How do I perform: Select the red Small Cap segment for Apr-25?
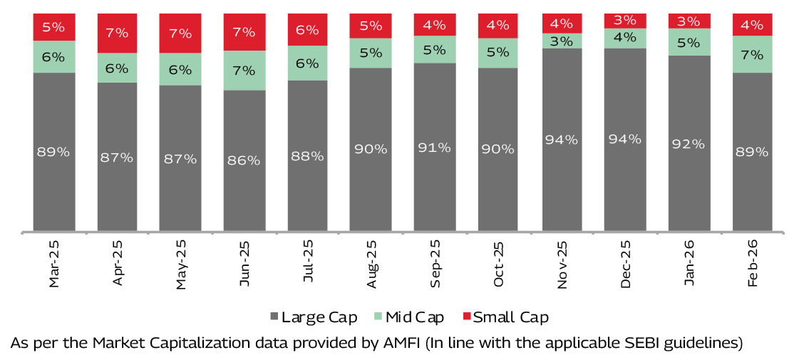(x=117, y=33)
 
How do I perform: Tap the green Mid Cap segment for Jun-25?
(x=244, y=70)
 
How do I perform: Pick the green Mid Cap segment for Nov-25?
(x=562, y=41)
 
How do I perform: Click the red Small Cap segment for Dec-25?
(x=624, y=21)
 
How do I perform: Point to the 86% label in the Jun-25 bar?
(x=244, y=160)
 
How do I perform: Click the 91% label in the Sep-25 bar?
(x=434, y=148)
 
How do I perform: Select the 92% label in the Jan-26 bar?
(x=689, y=144)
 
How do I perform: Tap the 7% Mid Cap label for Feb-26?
(x=752, y=54)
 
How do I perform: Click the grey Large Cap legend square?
(x=274, y=317)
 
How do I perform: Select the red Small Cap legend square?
(x=467, y=317)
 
